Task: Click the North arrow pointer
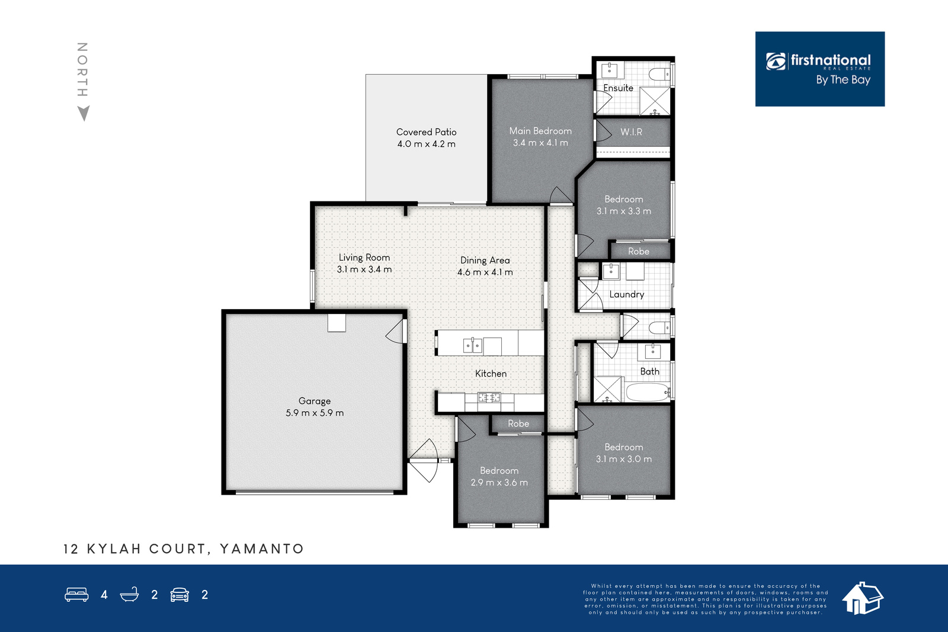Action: tap(84, 113)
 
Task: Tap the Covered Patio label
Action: tap(426, 132)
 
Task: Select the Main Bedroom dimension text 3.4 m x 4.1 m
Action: tap(540, 143)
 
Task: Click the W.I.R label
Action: tap(631, 132)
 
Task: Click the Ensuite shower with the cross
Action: tap(654, 101)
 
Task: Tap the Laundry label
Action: tap(627, 294)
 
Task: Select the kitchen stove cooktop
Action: tap(489, 397)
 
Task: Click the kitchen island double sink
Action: tap(472, 345)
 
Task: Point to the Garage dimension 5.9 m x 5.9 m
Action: tap(315, 413)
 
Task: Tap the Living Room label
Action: tap(364, 257)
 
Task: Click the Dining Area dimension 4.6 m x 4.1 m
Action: tap(485, 272)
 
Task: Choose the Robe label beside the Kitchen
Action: tap(518, 424)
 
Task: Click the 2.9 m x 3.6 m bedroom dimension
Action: tap(499, 482)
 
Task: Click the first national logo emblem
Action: tap(776, 62)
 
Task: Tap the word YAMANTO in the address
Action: tap(262, 548)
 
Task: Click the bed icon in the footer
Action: tap(76, 594)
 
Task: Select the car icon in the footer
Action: tap(180, 594)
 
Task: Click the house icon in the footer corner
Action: tap(862, 598)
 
